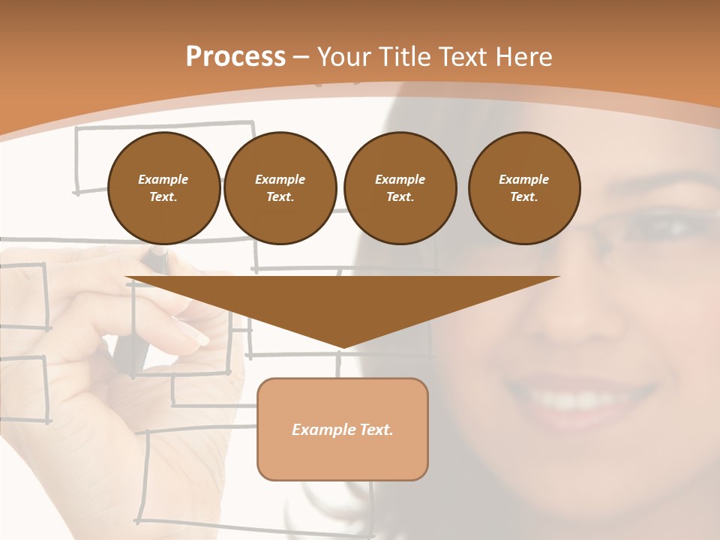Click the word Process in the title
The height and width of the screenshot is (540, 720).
(235, 57)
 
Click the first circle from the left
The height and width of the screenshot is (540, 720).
(163, 188)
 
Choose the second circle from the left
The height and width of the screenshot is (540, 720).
(280, 188)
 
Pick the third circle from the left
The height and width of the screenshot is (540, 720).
(400, 188)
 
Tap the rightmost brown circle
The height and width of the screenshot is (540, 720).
(523, 188)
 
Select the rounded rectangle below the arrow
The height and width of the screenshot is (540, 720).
(343, 429)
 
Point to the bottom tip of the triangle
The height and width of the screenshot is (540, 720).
(343, 347)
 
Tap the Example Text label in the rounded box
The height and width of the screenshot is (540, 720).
(343, 430)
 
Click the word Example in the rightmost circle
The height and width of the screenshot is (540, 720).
(523, 179)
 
